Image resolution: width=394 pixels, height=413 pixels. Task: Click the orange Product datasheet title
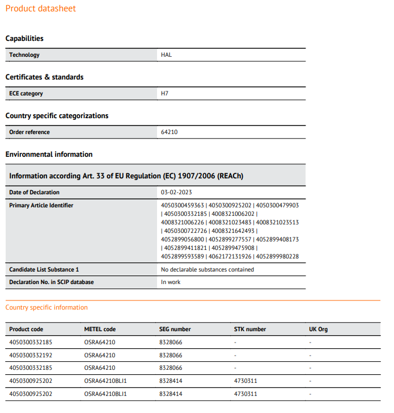pyautogui.click(x=41, y=9)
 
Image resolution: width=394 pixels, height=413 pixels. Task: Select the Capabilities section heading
pyautogui.click(x=24, y=39)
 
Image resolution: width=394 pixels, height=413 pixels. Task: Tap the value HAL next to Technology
pyautogui.click(x=166, y=55)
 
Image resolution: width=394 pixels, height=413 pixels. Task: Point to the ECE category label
pyautogui.click(x=26, y=94)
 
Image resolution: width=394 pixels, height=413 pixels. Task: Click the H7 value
pyautogui.click(x=165, y=94)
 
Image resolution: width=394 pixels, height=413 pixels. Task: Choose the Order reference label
pyautogui.click(x=29, y=132)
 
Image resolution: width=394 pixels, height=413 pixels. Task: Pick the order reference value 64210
pyautogui.click(x=170, y=132)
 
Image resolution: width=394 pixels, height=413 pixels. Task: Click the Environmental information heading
pyautogui.click(x=49, y=155)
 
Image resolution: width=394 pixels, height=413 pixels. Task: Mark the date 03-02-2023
pyautogui.click(x=177, y=193)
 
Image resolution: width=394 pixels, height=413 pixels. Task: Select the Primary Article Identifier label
pyautogui.click(x=41, y=206)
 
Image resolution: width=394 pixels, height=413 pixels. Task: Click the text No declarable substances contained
pyautogui.click(x=207, y=270)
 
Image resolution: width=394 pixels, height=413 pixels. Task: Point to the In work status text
pyautogui.click(x=171, y=282)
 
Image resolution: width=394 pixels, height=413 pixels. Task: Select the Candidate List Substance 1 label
pyautogui.click(x=44, y=270)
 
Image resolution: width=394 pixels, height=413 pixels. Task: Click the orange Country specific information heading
pyautogui.click(x=46, y=308)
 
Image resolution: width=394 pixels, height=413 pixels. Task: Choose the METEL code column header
pyautogui.click(x=100, y=329)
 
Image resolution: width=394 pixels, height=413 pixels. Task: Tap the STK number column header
pyautogui.click(x=250, y=329)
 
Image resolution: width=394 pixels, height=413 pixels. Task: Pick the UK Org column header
pyautogui.click(x=318, y=329)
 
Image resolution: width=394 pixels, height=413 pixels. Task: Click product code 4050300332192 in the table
pyautogui.click(x=31, y=356)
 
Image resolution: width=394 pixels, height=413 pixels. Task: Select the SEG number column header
pyautogui.click(x=175, y=329)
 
